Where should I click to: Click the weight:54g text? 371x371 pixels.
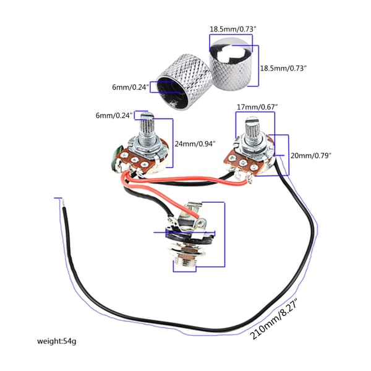tap(56, 341)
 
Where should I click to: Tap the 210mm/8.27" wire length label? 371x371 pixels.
tap(274, 318)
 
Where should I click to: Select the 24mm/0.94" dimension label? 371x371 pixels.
tap(195, 144)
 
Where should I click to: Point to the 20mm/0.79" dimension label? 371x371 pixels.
tap(310, 156)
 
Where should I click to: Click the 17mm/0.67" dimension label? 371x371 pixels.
tap(257, 107)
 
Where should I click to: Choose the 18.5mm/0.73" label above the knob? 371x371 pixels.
tap(233, 29)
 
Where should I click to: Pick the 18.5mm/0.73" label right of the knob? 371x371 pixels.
tap(283, 68)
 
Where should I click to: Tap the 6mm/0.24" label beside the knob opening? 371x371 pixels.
tap(130, 87)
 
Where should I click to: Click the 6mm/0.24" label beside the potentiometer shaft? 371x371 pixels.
tap(114, 116)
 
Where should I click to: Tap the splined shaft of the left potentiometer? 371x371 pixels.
tap(147, 129)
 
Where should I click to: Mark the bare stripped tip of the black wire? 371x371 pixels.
tap(64, 203)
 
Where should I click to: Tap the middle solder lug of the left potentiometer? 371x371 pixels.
tap(134, 160)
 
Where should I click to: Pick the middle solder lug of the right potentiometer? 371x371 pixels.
tap(243, 163)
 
